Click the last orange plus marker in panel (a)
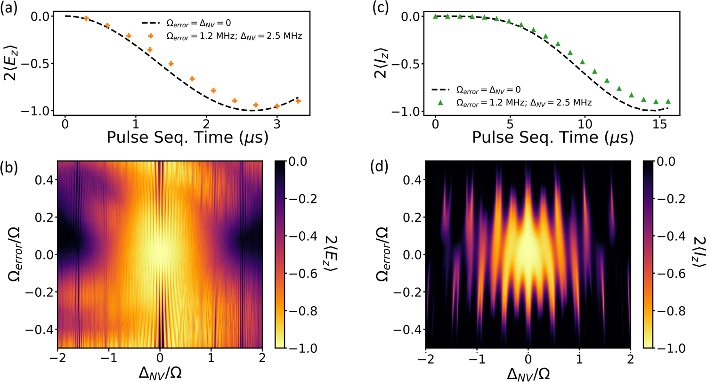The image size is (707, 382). click(x=298, y=101)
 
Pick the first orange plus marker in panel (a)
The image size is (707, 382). click(x=86, y=18)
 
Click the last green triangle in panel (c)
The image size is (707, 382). click(x=667, y=101)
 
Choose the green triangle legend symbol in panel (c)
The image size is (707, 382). click(x=441, y=102)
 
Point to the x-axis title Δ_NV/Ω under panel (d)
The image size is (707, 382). click(x=528, y=373)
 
